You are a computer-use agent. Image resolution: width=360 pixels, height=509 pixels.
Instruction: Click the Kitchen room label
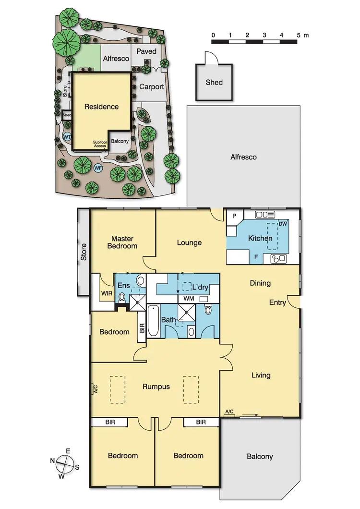pos(260,238)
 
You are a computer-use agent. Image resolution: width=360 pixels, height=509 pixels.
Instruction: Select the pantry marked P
pos(234,216)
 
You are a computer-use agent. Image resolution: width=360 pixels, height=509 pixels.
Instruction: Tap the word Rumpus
pos(156,387)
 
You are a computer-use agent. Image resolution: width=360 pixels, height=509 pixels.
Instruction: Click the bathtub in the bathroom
pos(153,320)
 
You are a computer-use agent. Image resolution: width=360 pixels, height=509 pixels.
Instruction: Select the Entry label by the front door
pos(277,303)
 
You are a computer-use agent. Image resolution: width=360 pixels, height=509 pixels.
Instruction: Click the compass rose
pos(64,464)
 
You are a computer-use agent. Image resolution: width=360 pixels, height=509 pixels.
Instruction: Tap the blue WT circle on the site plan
pos(68,136)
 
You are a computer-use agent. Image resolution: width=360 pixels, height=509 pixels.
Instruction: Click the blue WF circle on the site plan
pos(98,168)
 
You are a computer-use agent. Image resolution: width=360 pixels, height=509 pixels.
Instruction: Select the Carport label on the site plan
pos(152,87)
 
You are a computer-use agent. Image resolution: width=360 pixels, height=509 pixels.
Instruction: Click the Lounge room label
pos(189,242)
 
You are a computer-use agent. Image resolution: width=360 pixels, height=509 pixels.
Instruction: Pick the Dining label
pos(260,283)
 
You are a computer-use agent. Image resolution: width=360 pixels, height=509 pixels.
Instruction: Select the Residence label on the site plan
pos(101,107)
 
